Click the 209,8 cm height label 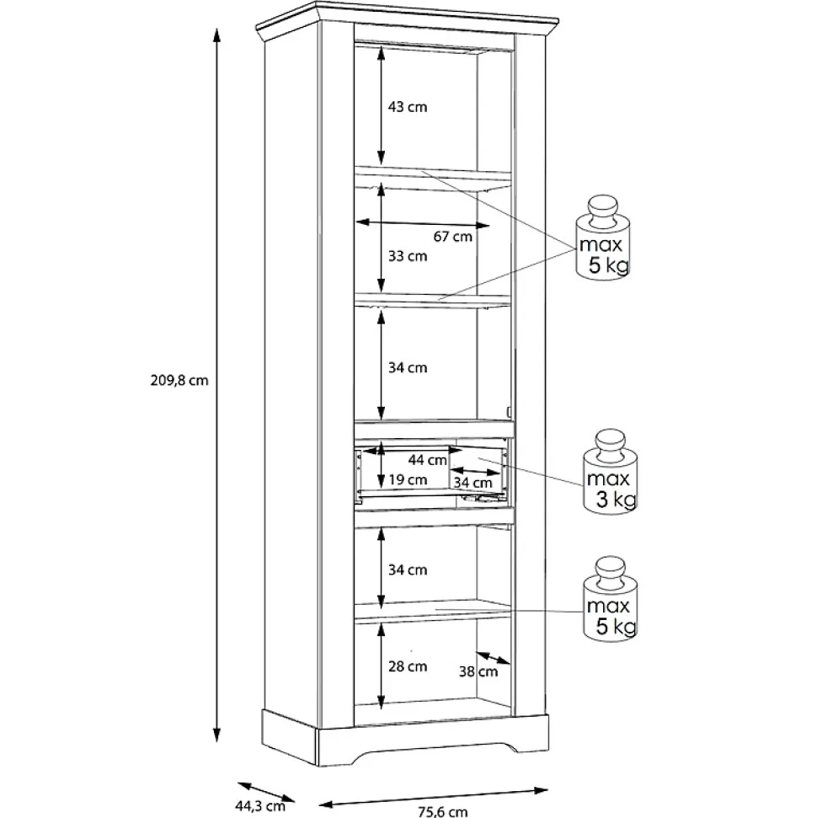(x=179, y=381)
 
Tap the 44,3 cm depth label (x=259, y=806)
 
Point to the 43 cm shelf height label (x=408, y=107)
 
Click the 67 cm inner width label (x=453, y=237)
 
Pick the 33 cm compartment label (x=408, y=256)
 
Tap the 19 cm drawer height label (x=408, y=480)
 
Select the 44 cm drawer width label (x=427, y=460)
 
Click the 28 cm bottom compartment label (x=408, y=666)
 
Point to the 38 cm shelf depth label (x=478, y=672)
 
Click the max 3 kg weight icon (x=611, y=472)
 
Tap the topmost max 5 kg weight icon (x=603, y=238)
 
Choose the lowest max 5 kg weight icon (x=611, y=599)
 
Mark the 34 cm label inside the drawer (x=473, y=483)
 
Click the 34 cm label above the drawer (x=408, y=368)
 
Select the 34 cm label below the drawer (x=408, y=569)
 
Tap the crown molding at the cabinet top (x=407, y=20)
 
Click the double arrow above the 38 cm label (x=493, y=657)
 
